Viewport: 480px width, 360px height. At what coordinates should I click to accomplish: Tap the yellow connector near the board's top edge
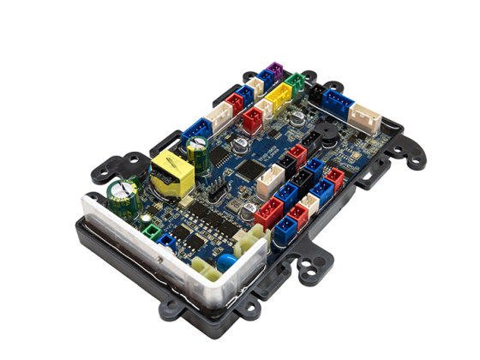pos(276,99)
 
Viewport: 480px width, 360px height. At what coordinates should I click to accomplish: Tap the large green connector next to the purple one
pos(296,83)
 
